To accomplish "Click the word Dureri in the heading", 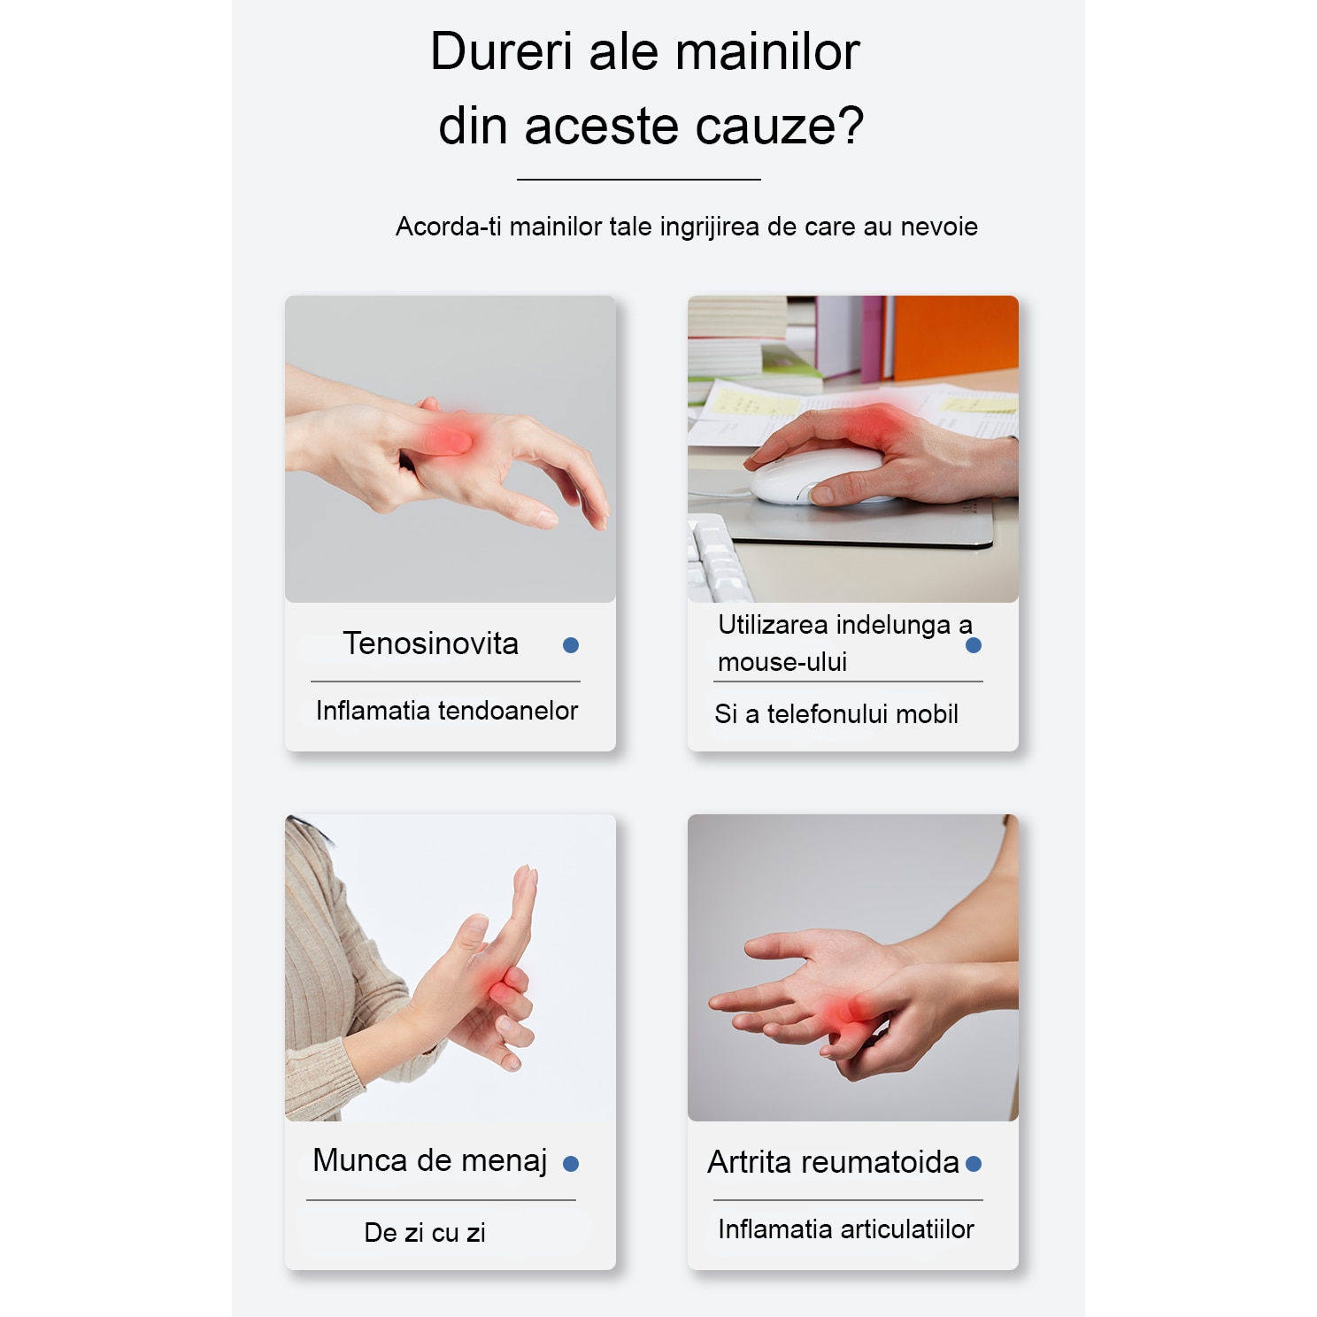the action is [x=502, y=51].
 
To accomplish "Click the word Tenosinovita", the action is [x=431, y=643].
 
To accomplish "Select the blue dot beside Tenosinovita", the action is [x=571, y=645].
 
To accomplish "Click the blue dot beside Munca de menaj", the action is [x=571, y=1164].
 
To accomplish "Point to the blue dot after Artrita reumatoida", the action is [x=974, y=1164].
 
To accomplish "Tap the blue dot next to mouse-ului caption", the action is [x=974, y=645].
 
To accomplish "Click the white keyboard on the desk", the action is [x=717, y=558].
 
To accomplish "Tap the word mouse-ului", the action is [x=782, y=662].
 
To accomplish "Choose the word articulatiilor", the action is [x=907, y=1229].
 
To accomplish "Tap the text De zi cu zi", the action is [x=425, y=1233].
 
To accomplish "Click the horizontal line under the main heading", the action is [x=639, y=180].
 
